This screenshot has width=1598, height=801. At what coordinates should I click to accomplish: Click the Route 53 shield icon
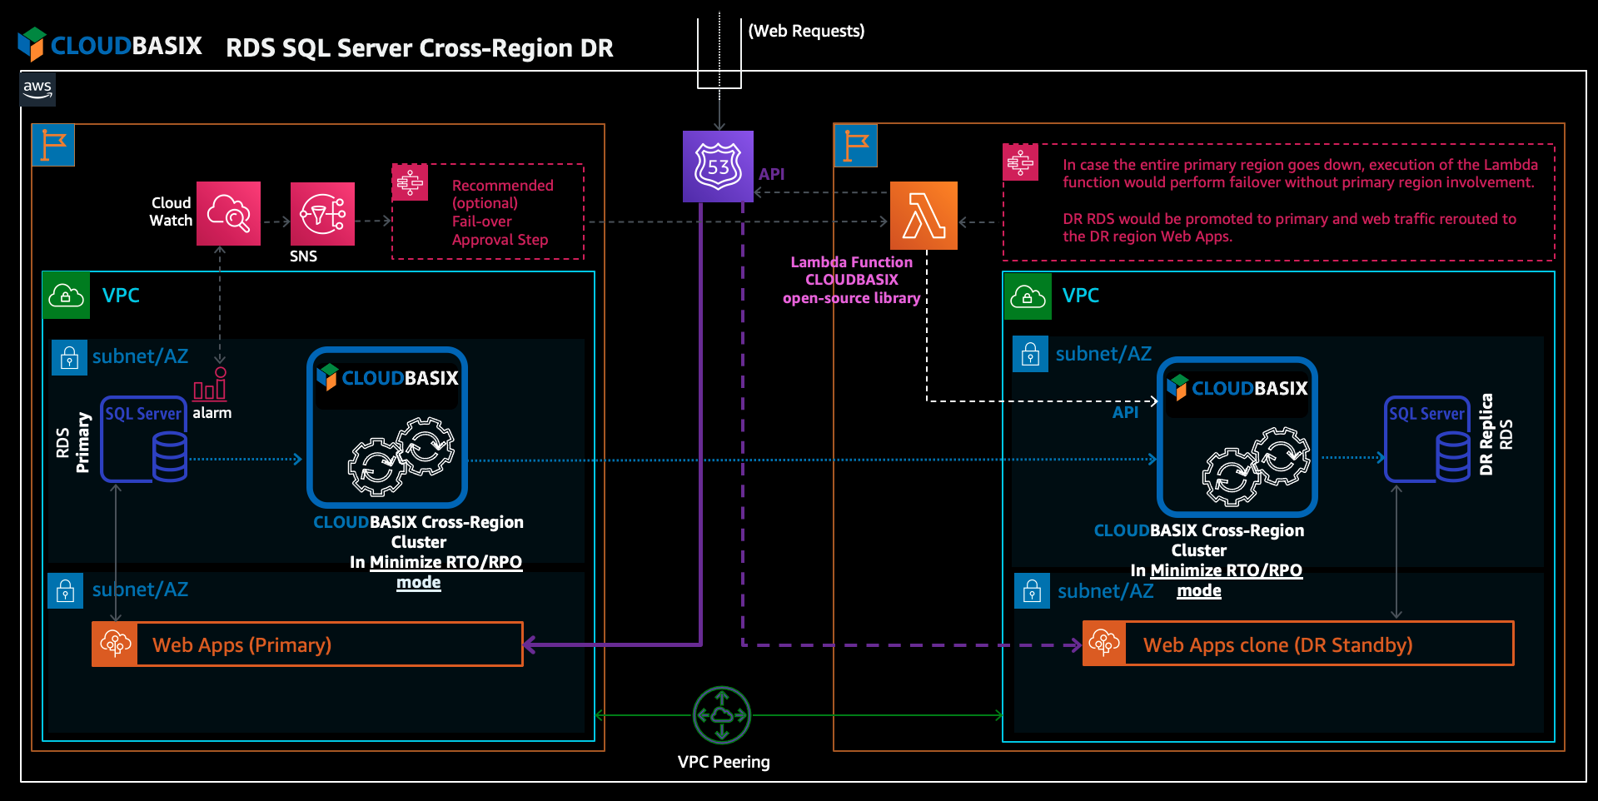pos(718,166)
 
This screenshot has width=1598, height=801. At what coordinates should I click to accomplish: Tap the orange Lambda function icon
pos(923,216)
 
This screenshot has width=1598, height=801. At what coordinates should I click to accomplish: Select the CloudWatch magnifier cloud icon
pos(228,213)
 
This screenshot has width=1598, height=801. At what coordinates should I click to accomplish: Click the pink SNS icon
pos(322,214)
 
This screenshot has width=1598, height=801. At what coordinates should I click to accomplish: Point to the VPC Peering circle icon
pos(722,714)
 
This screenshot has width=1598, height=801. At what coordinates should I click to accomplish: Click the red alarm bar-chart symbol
pos(210,386)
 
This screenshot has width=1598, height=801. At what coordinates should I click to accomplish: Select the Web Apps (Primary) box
pos(307,644)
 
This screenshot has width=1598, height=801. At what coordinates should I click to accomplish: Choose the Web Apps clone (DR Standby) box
pos(1297,644)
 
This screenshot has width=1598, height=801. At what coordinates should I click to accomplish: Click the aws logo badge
pos(37,89)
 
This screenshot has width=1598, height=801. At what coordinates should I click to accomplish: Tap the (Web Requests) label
pos(806,31)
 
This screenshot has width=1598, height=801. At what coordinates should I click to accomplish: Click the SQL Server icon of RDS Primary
pos(144,439)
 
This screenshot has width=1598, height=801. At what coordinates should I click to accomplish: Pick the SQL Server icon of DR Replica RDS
pos(1427,439)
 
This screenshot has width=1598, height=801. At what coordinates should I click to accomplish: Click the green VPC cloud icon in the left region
pos(67,296)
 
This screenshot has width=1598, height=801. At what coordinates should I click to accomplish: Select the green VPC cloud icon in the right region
pos(1028,296)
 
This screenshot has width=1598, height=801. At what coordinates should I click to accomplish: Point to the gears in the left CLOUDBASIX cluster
pos(401,456)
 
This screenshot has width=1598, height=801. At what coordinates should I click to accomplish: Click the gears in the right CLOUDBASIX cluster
pos(1256,465)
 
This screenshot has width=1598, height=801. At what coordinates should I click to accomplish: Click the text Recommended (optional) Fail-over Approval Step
pos(501,212)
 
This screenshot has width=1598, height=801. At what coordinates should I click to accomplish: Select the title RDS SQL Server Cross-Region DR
pos(419,48)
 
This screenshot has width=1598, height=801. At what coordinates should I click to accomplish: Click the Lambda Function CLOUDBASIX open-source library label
pos(851,280)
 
